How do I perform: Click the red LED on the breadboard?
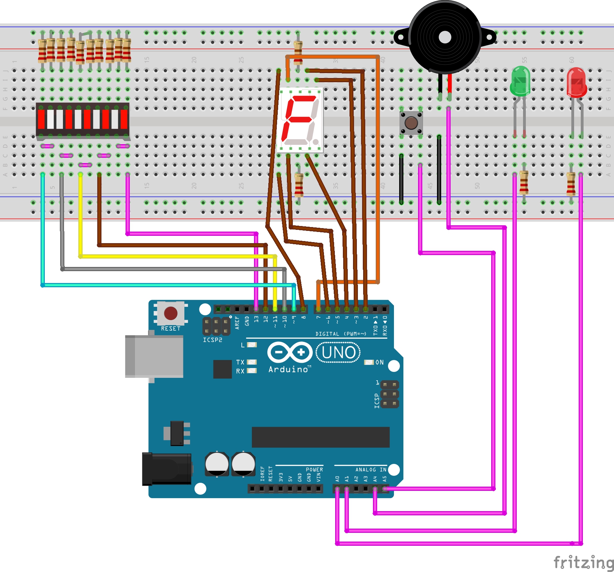pos(576,82)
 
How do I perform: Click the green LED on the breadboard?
pos(520,81)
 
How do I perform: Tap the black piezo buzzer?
pos(445,37)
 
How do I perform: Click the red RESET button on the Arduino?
pos(171,313)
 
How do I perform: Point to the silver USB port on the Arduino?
pos(154,356)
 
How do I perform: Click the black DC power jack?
pos(166,469)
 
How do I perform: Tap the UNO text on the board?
pos(338,353)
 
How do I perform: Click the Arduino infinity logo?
pos(290,352)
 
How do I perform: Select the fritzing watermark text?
pos(583,562)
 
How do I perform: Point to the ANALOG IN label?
pos(371,469)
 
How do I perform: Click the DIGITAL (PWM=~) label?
pos(340,334)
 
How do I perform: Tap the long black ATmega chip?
pos(320,437)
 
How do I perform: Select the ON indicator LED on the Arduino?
pos(369,362)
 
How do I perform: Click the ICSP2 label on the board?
pos(212,340)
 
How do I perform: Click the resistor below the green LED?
pos(524,182)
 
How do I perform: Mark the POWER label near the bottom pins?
pos(314,469)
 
